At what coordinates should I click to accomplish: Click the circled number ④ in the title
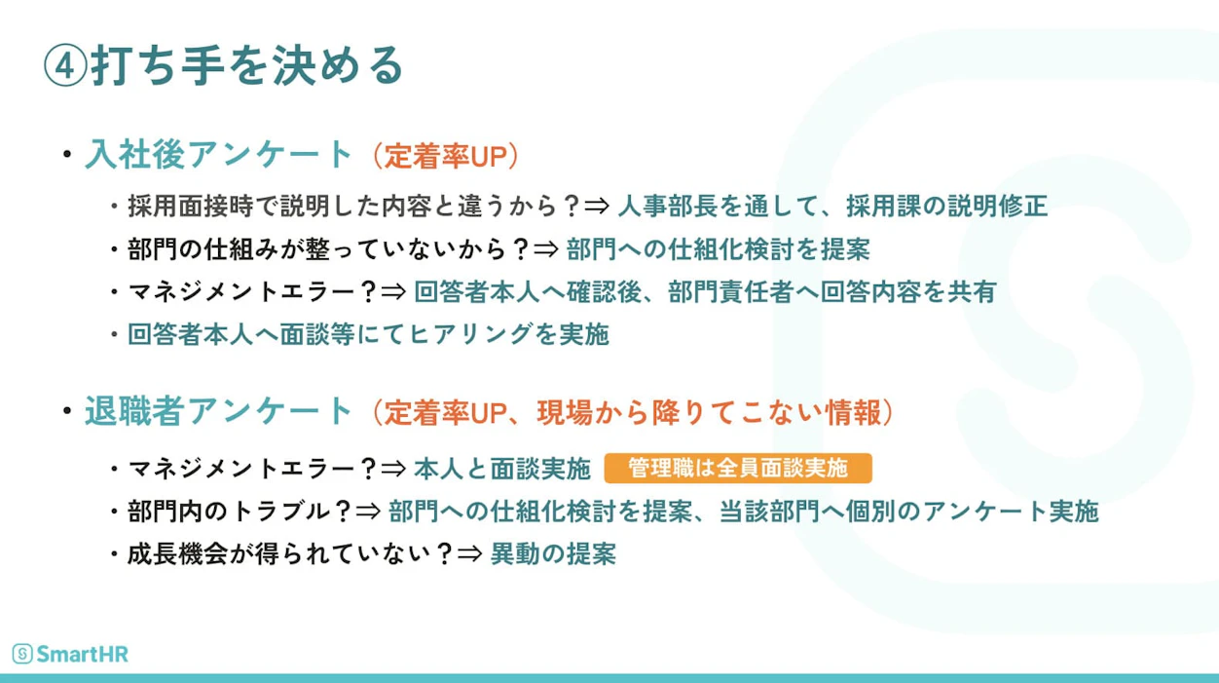pyautogui.click(x=65, y=66)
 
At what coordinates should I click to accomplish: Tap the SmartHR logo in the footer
pyautogui.click(x=70, y=654)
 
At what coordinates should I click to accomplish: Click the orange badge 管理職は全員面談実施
pyautogui.click(x=738, y=468)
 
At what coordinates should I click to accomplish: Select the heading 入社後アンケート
pyautogui.click(x=219, y=155)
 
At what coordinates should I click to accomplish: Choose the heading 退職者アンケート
pyautogui.click(x=219, y=411)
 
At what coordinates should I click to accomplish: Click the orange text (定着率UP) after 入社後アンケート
pyautogui.click(x=445, y=156)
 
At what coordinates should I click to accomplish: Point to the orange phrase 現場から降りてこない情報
pyautogui.click(x=709, y=412)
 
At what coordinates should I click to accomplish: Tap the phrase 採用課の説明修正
pyautogui.click(x=947, y=207)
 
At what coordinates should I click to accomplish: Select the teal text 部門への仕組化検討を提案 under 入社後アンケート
pyautogui.click(x=719, y=250)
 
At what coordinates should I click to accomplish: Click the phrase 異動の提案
pyautogui.click(x=553, y=554)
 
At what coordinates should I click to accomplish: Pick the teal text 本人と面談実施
pyautogui.click(x=502, y=469)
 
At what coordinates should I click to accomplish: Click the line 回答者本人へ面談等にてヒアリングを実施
pyautogui.click(x=368, y=334)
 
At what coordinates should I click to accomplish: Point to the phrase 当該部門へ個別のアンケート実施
pyautogui.click(x=908, y=512)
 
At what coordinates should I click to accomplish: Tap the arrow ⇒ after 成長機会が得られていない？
pyautogui.click(x=470, y=554)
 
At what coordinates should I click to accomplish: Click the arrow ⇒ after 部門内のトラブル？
pyautogui.click(x=368, y=512)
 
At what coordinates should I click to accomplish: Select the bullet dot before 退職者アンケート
pyautogui.click(x=67, y=410)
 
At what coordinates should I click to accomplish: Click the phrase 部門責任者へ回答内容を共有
pyautogui.click(x=832, y=292)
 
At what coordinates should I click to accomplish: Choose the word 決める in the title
pyautogui.click(x=338, y=66)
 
